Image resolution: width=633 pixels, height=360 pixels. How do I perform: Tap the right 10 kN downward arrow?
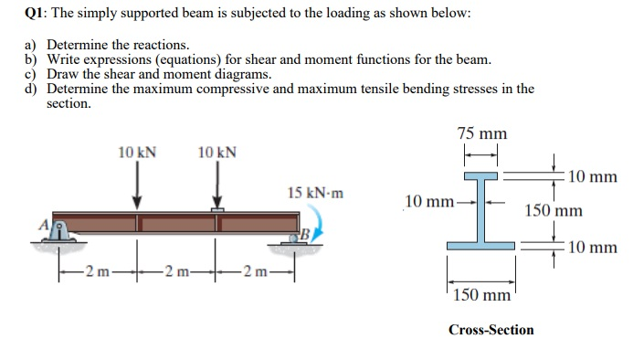[216, 187]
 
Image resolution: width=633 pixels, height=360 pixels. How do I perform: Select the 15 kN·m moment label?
[315, 193]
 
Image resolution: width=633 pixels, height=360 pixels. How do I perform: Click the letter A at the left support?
[41, 223]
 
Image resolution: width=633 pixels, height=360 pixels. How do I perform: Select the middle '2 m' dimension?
[178, 271]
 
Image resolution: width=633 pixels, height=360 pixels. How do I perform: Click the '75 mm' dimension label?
[481, 134]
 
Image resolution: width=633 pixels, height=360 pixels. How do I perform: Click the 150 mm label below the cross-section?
[481, 296]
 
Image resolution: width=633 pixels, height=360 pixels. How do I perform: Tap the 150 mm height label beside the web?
[553, 211]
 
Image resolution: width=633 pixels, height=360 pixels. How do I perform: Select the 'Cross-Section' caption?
[491, 329]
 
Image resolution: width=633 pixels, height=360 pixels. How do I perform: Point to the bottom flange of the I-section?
[482, 245]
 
